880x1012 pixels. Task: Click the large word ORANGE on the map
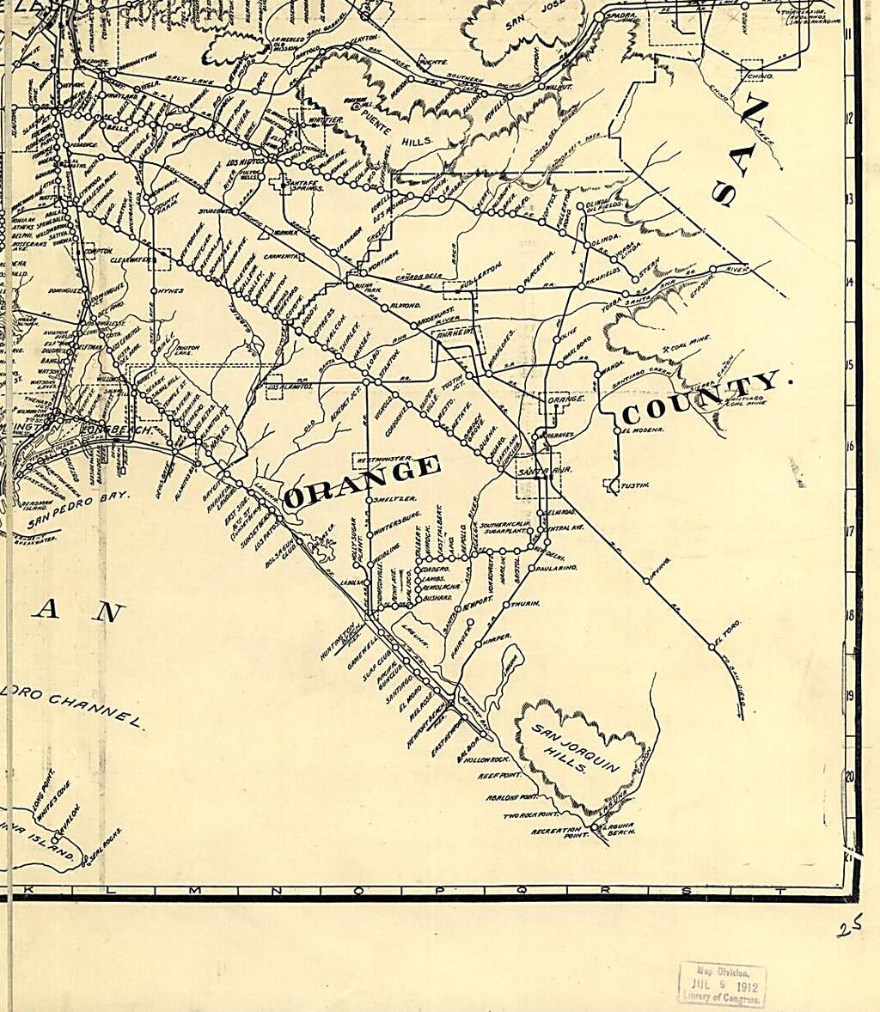tap(362, 482)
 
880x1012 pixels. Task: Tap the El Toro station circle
tap(712, 644)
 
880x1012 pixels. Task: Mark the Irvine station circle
tap(646, 581)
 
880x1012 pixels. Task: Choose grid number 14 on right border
tap(848, 282)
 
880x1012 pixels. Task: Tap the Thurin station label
tap(526, 605)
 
